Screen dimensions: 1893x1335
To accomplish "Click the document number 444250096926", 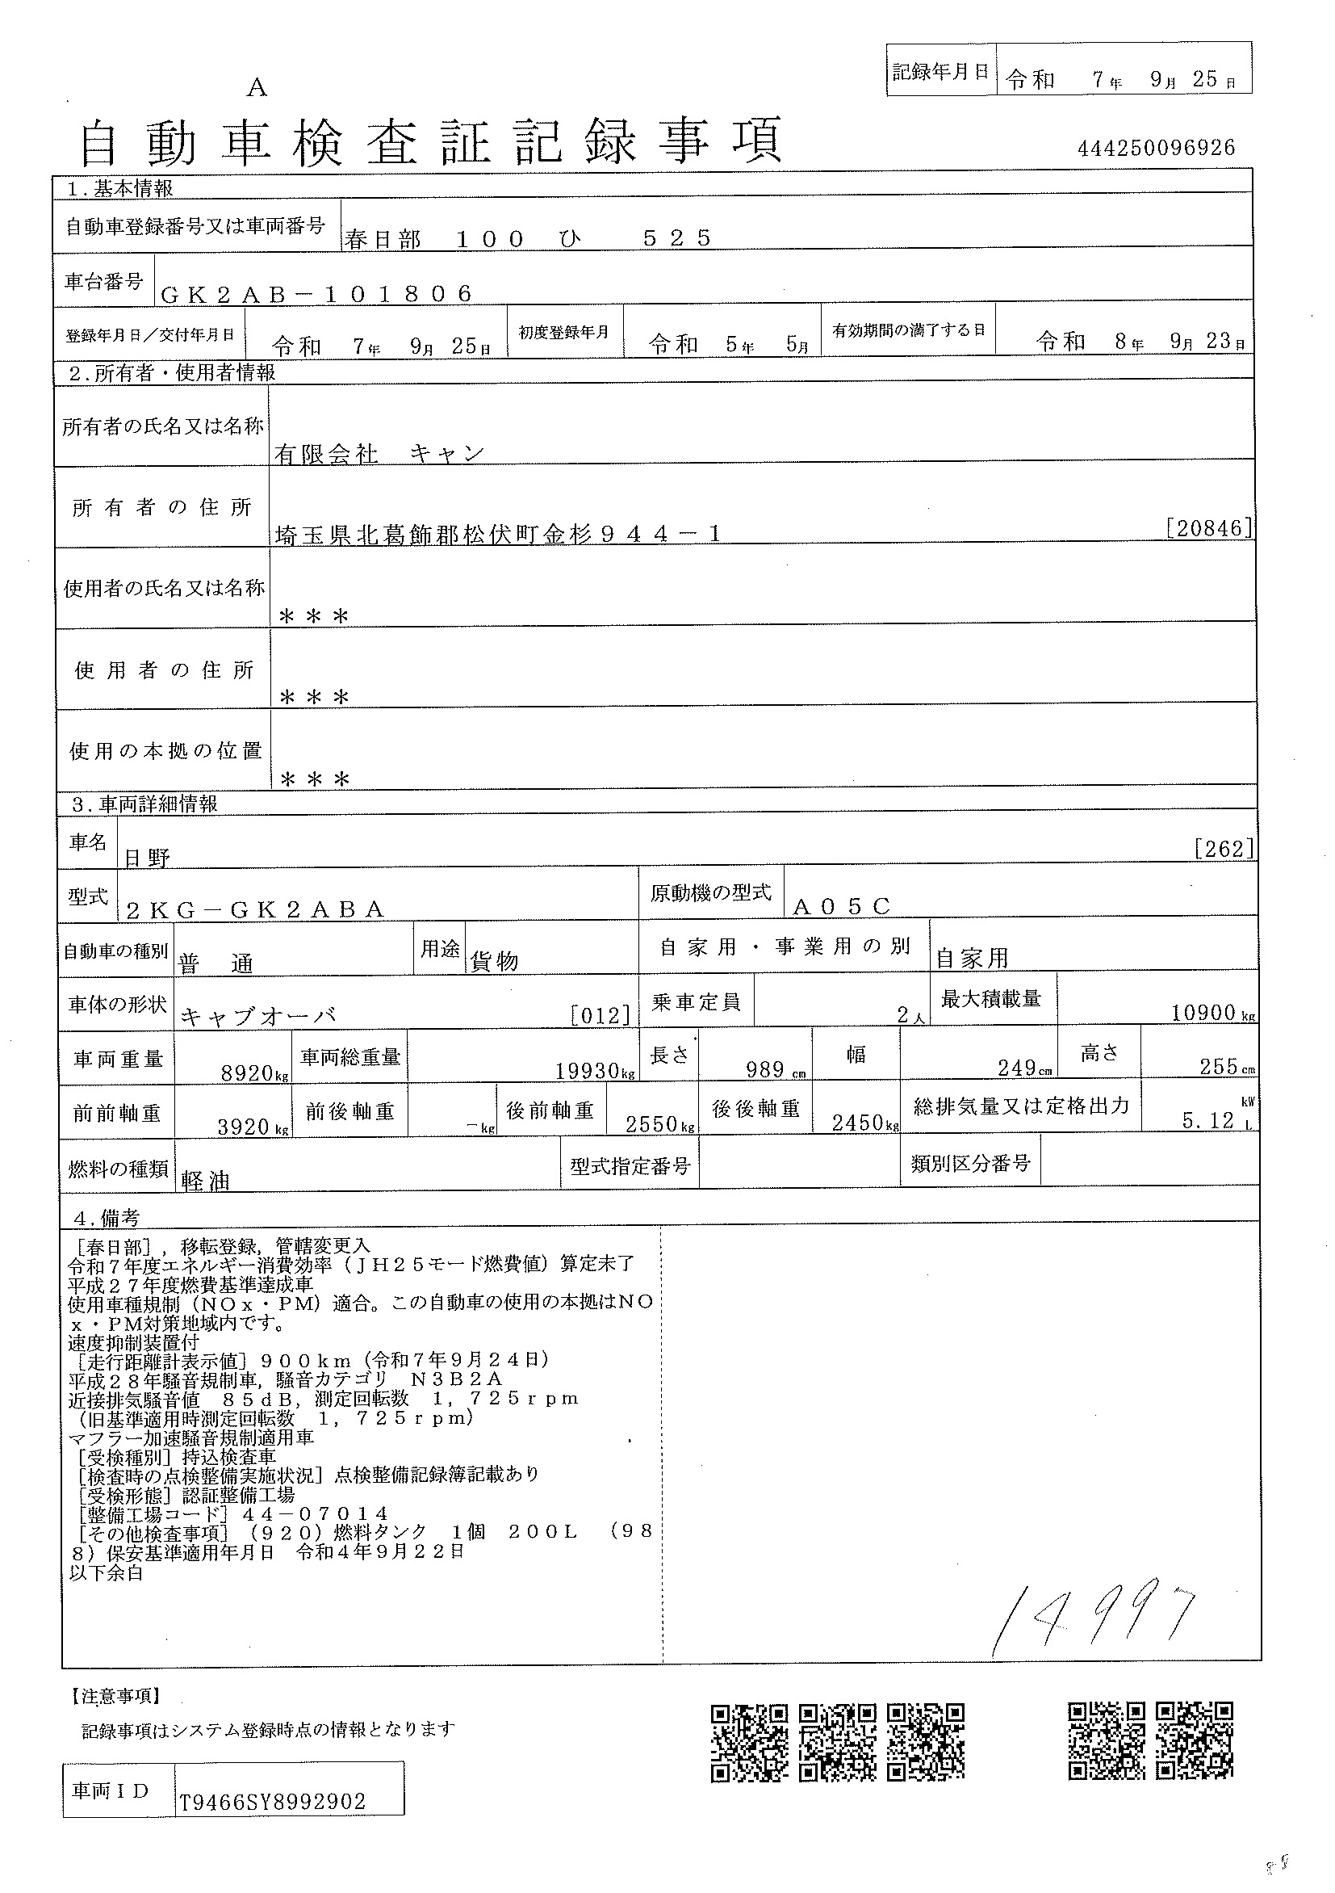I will [1156, 149].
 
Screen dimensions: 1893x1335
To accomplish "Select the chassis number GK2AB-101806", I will [317, 293].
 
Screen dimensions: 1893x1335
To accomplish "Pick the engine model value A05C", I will [841, 907].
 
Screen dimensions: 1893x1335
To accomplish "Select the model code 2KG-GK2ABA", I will [256, 909].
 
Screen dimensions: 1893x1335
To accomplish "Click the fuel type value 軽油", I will [205, 1181].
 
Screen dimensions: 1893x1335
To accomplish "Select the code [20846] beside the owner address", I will [1209, 528].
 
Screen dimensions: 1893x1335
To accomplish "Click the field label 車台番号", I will [104, 281].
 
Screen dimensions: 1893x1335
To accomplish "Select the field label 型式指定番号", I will [630, 1166].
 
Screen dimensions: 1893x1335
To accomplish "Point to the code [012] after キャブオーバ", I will [600, 1015].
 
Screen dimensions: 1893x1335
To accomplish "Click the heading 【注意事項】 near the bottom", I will [111, 1696].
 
